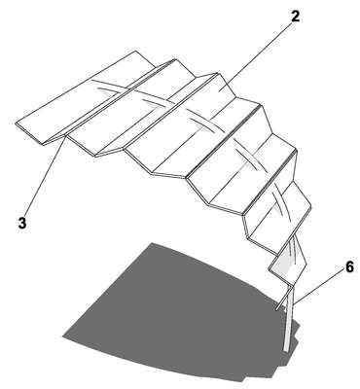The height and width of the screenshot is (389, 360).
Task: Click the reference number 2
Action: pos(295,17)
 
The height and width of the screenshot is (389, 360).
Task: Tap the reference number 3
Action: pos(22,224)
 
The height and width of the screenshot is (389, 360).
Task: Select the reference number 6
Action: pos(349,267)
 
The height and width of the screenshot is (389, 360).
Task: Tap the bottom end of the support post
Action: pos(286,351)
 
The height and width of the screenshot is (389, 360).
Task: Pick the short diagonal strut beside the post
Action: pos(282,299)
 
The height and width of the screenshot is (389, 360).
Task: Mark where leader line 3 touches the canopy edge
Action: pos(67,136)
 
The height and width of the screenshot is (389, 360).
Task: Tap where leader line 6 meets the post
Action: pos(293,304)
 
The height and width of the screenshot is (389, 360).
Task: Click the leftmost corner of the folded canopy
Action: pos(16,124)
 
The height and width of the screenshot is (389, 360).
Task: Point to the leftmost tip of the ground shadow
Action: pos(62,336)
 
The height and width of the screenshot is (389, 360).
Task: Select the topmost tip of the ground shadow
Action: pos(152,242)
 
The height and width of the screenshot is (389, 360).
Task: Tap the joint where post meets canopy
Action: pos(290,286)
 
